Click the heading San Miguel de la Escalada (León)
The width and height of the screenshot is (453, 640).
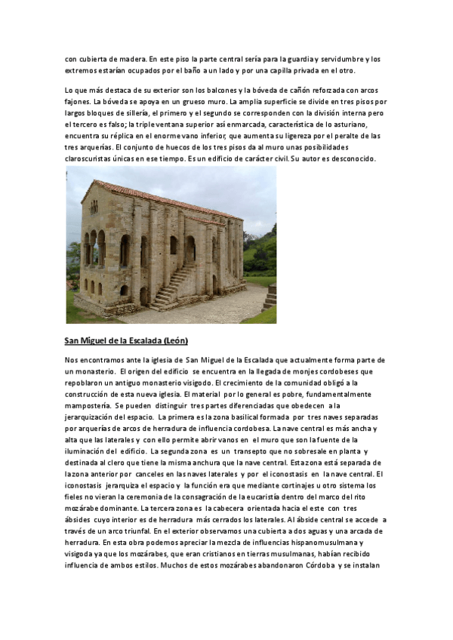(x=127, y=340)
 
